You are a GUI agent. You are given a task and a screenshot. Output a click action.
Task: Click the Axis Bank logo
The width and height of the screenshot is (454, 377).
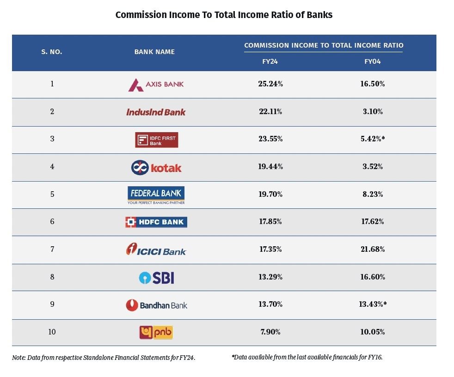click(x=156, y=85)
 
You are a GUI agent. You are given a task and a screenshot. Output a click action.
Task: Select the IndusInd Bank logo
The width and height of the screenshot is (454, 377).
click(x=156, y=112)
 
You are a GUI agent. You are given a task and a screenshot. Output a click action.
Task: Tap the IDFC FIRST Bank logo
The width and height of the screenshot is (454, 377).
click(x=156, y=140)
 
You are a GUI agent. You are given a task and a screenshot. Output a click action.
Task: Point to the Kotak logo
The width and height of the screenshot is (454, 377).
click(x=156, y=167)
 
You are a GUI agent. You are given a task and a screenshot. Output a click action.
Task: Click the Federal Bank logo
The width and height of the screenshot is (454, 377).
click(x=156, y=195)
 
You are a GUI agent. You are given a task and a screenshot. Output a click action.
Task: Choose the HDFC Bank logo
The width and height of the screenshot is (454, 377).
click(x=156, y=222)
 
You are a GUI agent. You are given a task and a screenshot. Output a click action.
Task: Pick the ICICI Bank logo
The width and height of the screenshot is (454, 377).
click(x=156, y=250)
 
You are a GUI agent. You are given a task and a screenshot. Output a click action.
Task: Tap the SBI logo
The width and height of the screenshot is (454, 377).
click(x=156, y=278)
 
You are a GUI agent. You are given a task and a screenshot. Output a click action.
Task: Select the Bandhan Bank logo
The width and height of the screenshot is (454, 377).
click(x=156, y=305)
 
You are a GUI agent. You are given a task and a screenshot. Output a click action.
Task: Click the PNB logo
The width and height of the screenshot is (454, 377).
click(x=156, y=332)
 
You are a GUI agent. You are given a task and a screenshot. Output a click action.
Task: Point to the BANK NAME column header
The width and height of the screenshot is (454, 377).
click(x=154, y=52)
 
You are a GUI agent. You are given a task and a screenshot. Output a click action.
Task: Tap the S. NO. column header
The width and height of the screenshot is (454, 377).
click(x=51, y=52)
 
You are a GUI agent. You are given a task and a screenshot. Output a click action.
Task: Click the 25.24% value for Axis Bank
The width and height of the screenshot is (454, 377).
click(x=270, y=84)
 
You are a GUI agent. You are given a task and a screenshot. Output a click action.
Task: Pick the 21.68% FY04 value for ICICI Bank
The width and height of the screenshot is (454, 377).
click(x=373, y=249)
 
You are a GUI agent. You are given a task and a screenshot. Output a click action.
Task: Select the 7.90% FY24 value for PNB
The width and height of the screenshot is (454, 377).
click(x=270, y=332)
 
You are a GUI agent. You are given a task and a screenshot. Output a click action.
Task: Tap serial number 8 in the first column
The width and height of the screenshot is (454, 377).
click(x=52, y=277)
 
